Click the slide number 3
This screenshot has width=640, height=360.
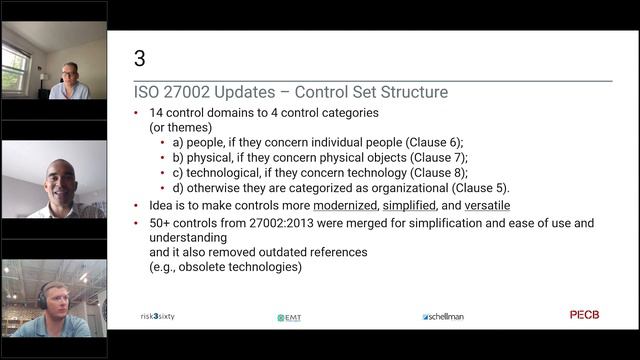pyautogui.click(x=140, y=59)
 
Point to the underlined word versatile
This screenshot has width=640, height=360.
pyautogui.click(x=481, y=205)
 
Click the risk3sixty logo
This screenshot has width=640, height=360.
pyautogui.click(x=158, y=316)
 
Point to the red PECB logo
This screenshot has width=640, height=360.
pyautogui.click(x=585, y=315)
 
